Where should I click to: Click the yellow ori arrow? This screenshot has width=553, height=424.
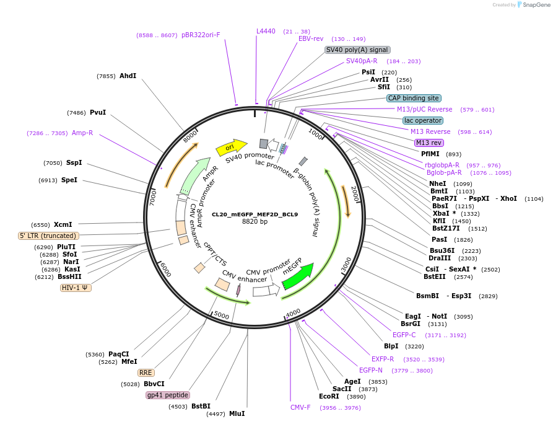click(230, 148)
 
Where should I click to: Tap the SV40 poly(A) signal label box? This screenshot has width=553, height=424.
click(357, 50)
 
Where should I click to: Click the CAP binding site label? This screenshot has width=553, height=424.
click(414, 98)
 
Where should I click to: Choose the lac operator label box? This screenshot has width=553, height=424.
click(422, 120)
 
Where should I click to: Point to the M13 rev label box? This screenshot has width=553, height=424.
click(429, 143)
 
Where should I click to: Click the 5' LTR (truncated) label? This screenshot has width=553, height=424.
click(48, 236)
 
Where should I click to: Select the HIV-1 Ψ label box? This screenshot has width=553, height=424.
click(76, 288)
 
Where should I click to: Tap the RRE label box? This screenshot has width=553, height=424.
click(146, 373)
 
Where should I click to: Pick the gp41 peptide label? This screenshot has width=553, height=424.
click(167, 395)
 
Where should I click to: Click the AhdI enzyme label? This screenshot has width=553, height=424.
click(128, 76)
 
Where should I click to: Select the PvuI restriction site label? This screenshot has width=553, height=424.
click(98, 112)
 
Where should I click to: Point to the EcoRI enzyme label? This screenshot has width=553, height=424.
click(329, 396)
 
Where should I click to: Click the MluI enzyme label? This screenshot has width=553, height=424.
click(237, 413)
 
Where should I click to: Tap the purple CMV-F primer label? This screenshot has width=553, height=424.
click(300, 407)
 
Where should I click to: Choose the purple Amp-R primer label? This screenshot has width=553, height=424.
click(82, 133)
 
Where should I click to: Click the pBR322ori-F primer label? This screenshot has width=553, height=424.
click(201, 35)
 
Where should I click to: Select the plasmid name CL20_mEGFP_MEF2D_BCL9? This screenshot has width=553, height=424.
click(255, 214)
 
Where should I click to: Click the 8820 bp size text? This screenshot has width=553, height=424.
click(255, 222)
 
